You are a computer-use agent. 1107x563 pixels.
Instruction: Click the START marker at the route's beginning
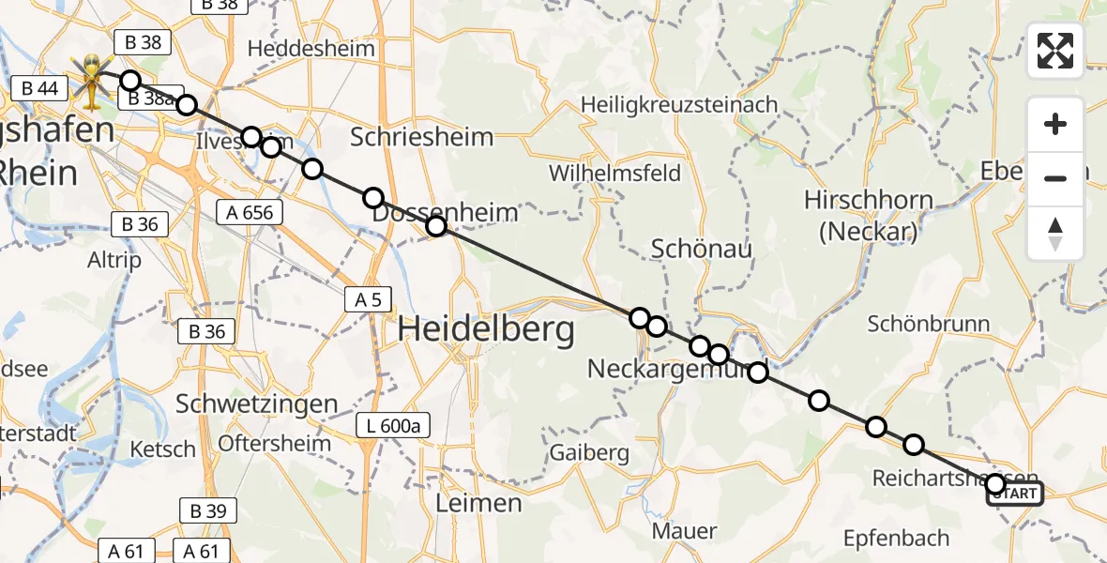1014,495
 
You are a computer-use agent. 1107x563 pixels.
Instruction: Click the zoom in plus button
1055,125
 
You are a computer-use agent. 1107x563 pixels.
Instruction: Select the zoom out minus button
1055,178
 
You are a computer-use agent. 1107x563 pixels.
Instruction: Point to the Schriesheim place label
421,137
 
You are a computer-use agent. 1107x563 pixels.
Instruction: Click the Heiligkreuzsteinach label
679,104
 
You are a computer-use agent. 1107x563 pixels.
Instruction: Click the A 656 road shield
250,212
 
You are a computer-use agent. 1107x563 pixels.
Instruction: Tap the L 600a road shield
393,427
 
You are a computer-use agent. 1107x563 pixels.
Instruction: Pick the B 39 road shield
207,510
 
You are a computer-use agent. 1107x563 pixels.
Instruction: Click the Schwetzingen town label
257,404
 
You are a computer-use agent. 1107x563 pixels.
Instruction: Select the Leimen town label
478,504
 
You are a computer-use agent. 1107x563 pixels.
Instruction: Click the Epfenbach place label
896,539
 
